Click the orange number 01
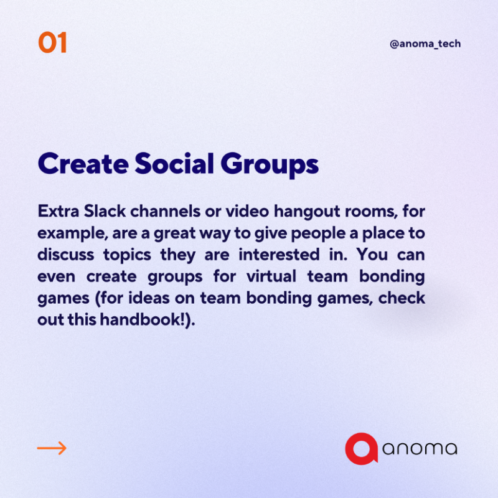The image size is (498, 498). point(52,44)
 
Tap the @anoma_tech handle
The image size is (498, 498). point(425,44)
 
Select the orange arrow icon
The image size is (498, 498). point(52,448)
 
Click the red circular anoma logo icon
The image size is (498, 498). point(362,449)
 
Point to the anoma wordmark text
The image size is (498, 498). point(420,449)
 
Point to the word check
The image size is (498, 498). point(402,297)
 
